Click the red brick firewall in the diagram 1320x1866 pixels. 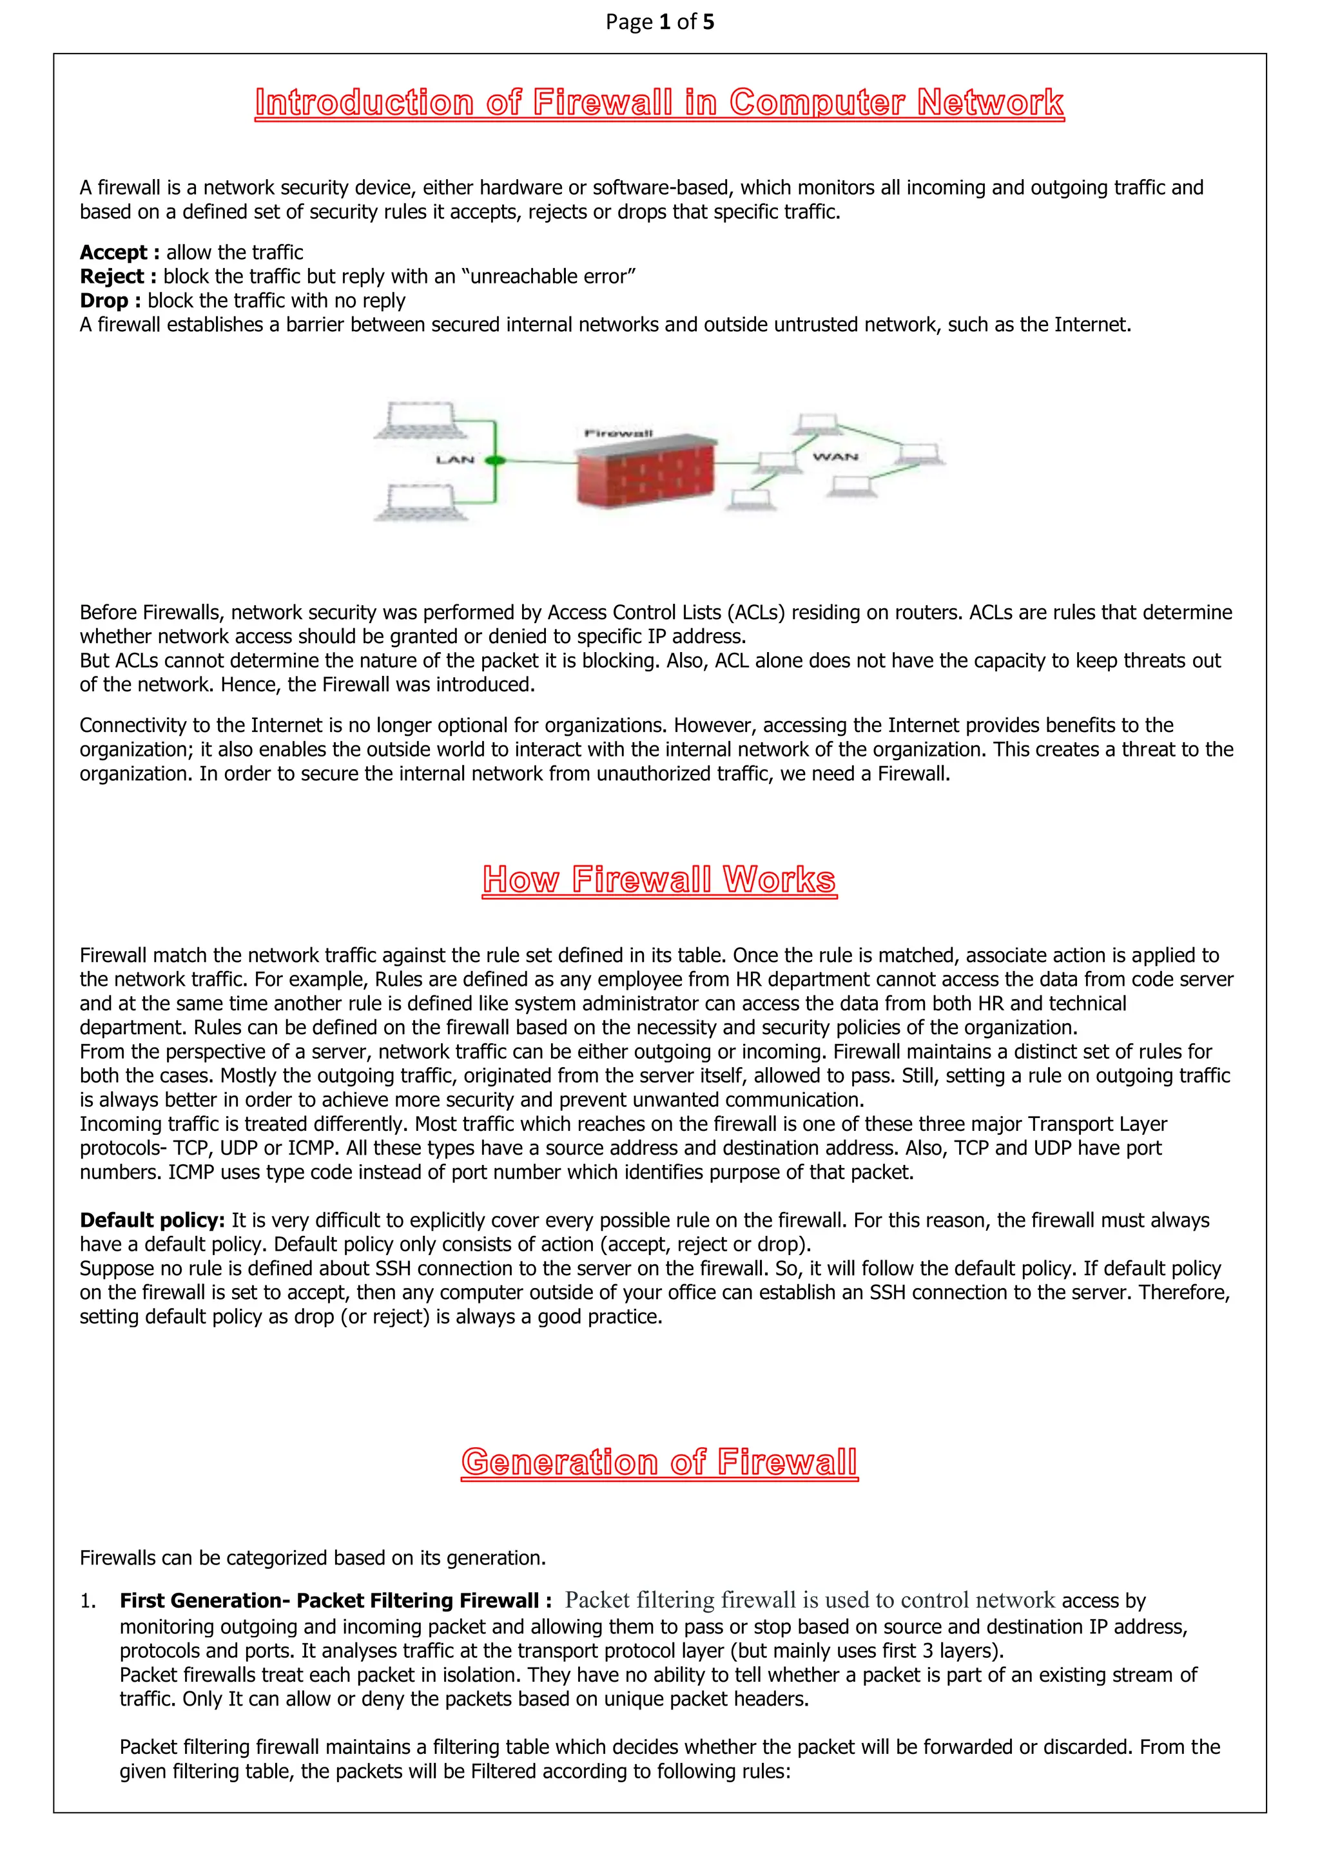(646, 474)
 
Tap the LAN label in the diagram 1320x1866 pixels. (454, 460)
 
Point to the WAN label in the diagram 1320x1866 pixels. (835, 457)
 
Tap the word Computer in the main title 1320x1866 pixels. (816, 103)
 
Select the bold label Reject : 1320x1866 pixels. (118, 277)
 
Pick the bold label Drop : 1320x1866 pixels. (110, 301)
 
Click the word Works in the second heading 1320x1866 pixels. (779, 880)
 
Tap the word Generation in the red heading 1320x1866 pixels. (559, 1462)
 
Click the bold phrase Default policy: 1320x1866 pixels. (152, 1221)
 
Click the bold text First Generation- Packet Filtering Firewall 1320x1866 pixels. (329, 1601)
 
